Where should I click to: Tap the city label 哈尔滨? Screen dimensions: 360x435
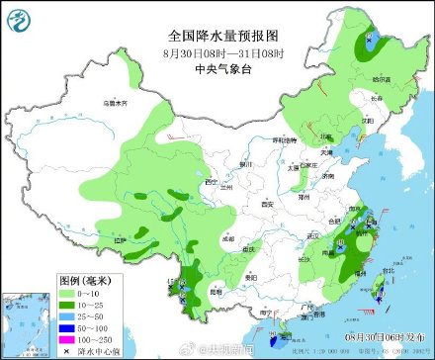click(382, 78)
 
